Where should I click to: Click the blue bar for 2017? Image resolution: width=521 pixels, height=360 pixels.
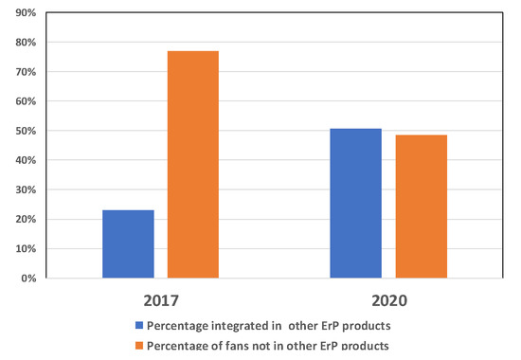129,244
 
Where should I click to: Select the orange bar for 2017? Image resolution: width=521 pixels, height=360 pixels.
193,165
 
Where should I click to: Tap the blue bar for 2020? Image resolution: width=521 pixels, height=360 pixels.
356,204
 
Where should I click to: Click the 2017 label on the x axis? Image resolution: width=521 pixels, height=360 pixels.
160,303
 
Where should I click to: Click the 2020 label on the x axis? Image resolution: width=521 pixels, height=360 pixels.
390,303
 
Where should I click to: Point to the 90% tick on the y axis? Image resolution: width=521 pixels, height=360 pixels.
24,13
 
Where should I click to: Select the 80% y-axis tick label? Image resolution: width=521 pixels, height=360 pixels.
24,43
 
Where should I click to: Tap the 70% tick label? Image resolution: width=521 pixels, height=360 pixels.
24,72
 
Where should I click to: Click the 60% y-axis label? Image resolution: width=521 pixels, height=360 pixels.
24,101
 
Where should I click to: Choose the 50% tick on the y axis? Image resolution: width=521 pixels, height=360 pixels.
24,131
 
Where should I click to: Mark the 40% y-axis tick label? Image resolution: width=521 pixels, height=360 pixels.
24,160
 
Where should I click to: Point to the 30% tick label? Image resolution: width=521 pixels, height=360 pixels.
24,189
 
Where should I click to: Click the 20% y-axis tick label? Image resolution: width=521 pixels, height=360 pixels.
24,219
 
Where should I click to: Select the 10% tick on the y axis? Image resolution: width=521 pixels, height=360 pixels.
24,248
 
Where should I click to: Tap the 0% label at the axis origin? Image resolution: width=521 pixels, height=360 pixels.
27,279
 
